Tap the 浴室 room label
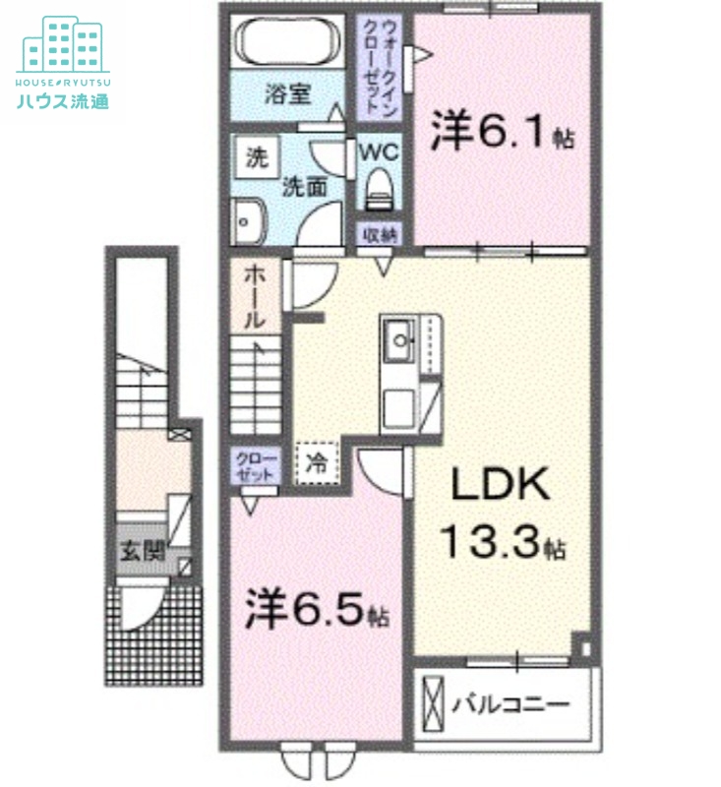coord(288,95)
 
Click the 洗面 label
coord(305,187)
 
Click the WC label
coord(376,152)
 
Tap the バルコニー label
coord(511,704)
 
